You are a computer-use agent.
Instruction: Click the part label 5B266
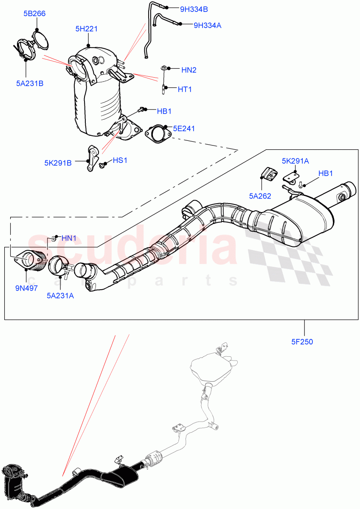(34, 14)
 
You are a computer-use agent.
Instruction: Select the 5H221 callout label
(87, 29)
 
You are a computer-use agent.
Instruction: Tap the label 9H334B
(194, 8)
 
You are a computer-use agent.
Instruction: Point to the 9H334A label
(207, 25)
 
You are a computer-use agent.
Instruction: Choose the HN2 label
(189, 70)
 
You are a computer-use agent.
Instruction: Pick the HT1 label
(184, 89)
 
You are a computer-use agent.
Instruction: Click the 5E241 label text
(184, 129)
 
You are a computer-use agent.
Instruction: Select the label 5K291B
(58, 162)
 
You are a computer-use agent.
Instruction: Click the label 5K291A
(295, 161)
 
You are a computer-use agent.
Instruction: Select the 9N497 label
(27, 288)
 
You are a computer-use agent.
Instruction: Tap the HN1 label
(69, 238)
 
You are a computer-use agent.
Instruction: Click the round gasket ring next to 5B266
(41, 41)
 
